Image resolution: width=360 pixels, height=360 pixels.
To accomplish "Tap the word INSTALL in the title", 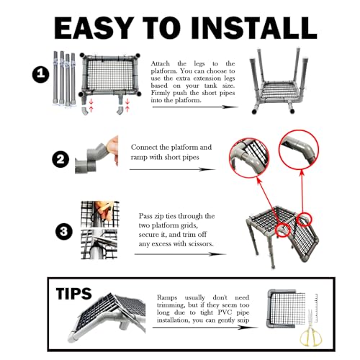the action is coord(254,28).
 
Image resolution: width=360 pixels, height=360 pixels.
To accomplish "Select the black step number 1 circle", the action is coord(41,73).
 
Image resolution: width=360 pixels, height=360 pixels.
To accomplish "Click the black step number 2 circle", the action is coord(60,159).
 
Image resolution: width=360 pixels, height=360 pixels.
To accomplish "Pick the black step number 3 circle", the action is coord(64,232).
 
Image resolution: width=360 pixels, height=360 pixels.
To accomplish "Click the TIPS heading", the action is coord(73,293).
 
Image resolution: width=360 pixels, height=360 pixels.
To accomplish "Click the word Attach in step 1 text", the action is coord(161,63).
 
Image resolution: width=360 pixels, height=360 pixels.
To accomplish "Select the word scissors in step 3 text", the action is coord(201,244).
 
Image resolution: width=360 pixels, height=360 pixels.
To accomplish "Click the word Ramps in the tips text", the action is coord(167,298).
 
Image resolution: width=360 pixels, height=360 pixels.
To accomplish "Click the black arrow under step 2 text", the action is coord(172,169).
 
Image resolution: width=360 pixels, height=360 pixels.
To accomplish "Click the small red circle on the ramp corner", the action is coord(304,220).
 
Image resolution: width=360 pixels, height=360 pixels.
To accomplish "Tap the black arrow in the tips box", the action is coord(205,327).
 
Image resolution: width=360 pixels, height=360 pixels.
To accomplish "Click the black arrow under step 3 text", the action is coord(181,254).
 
